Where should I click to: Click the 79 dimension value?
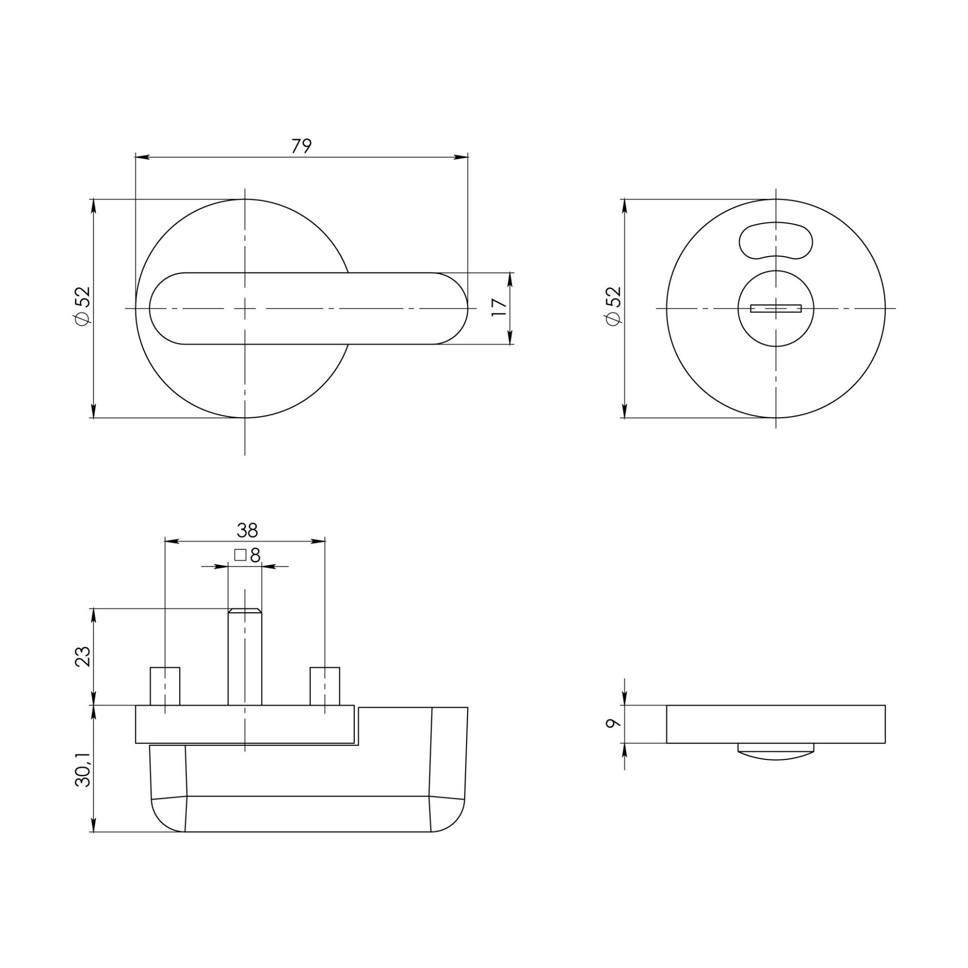(x=301, y=146)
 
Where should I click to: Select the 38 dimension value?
(x=247, y=529)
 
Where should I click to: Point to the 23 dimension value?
(x=83, y=656)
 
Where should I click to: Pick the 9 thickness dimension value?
(x=613, y=723)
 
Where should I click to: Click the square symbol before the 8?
(x=240, y=555)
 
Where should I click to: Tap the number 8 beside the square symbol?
(x=255, y=555)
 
